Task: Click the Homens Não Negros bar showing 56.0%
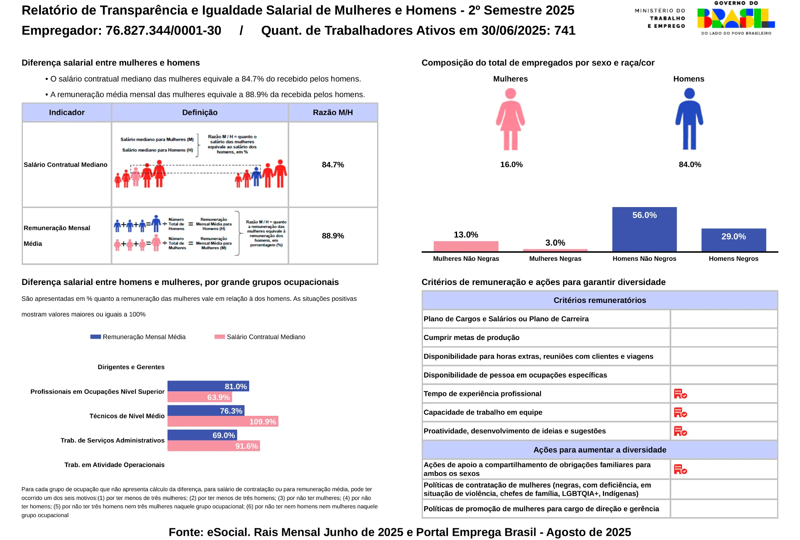(x=644, y=229)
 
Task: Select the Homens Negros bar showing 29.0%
(x=733, y=240)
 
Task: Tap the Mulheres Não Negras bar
(x=466, y=246)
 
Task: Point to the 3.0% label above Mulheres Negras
(x=555, y=242)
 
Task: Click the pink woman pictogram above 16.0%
(x=510, y=119)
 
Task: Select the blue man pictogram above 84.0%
(x=689, y=119)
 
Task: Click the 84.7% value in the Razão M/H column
(x=333, y=165)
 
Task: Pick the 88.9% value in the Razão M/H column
(x=333, y=236)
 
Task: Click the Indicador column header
(x=67, y=112)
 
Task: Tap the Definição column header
(x=200, y=112)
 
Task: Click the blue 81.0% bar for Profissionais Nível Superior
(x=208, y=386)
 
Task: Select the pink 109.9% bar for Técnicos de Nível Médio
(x=223, y=421)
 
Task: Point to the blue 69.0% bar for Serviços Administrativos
(x=202, y=435)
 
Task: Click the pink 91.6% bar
(x=214, y=446)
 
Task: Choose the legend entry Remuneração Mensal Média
(x=138, y=337)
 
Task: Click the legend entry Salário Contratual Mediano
(x=260, y=337)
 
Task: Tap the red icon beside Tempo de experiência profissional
(x=680, y=394)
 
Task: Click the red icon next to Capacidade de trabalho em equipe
(x=680, y=412)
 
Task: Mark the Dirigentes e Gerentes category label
(x=131, y=367)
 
